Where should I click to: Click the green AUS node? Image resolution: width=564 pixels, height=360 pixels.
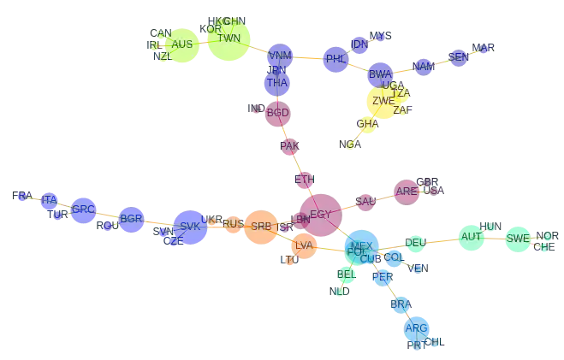click(181, 44)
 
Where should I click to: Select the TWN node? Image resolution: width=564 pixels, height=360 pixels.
click(229, 39)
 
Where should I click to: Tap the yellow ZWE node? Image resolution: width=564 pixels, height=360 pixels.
click(383, 102)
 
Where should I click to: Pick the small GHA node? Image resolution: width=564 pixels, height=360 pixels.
click(367, 125)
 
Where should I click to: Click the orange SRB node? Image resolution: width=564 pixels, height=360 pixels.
click(260, 227)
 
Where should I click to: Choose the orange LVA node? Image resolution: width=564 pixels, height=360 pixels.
click(303, 246)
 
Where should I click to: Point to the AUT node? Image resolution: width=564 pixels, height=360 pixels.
click(471, 237)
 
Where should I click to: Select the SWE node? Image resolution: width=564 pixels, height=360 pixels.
click(518, 239)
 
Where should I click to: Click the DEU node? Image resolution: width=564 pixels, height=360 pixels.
click(415, 243)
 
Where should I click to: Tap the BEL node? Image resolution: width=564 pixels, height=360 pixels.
click(346, 274)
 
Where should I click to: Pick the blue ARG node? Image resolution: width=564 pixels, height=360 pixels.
click(416, 328)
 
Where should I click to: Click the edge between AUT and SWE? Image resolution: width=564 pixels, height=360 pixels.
click(495, 238)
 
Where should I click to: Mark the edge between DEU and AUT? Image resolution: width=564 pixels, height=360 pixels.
click(442, 241)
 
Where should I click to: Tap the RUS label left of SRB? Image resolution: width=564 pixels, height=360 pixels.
click(233, 224)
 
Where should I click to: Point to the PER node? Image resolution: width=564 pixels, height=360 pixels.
click(383, 277)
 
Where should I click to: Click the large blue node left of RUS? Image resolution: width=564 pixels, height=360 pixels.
click(190, 227)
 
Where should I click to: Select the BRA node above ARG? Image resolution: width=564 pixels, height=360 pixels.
click(400, 304)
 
